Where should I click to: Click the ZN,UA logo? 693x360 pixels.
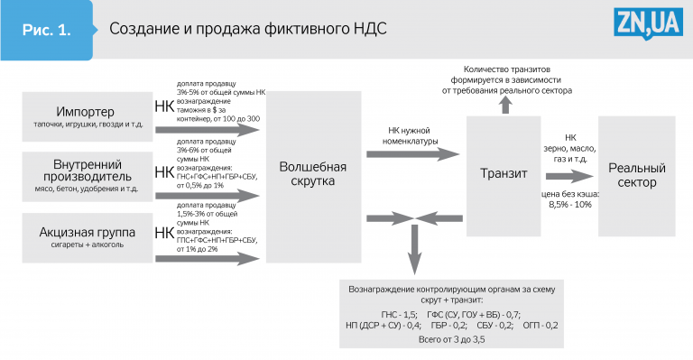(649, 23)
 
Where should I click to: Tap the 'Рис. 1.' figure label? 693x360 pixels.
(46, 30)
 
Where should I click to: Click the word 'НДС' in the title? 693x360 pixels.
(370, 29)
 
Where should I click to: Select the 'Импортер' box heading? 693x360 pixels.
(86, 112)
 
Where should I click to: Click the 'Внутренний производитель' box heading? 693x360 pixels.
(87, 171)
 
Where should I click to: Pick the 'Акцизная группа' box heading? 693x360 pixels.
(87, 232)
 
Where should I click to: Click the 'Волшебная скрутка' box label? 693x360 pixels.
(313, 173)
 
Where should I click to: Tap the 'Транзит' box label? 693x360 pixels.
(504, 173)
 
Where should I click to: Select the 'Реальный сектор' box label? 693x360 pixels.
(637, 175)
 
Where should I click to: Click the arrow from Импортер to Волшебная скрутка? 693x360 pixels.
(208, 130)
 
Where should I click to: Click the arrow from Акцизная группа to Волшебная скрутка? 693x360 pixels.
(208, 259)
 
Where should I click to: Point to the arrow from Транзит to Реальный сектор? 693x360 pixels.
(569, 176)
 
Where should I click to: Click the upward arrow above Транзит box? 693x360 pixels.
(506, 106)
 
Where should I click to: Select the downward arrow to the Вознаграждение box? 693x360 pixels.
(414, 250)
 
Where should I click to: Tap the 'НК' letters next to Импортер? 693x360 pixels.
(164, 106)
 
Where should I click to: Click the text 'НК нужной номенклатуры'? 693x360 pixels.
(411, 136)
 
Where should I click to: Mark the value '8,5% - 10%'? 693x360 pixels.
(570, 205)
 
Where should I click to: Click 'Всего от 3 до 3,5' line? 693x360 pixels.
(451, 339)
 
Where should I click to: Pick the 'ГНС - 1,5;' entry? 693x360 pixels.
(399, 315)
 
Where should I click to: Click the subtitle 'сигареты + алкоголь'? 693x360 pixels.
(87, 245)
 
